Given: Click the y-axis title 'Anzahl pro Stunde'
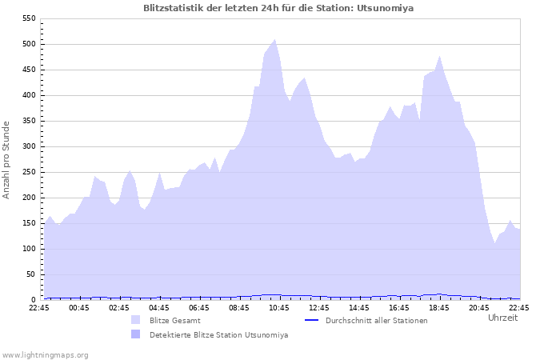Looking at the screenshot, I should pyautogui.click(x=6, y=160).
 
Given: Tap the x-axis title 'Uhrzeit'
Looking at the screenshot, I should pyautogui.click(x=502, y=318).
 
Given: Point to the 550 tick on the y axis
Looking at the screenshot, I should pyautogui.click(x=28, y=18).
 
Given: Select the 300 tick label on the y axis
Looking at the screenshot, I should pyautogui.click(x=28, y=146).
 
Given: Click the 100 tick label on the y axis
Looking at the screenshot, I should pyautogui.click(x=28, y=249).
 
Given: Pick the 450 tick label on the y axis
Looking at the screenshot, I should pyautogui.click(x=28, y=70).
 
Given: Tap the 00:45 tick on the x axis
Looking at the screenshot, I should pyautogui.click(x=79, y=307).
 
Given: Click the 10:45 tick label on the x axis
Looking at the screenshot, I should pyautogui.click(x=279, y=307).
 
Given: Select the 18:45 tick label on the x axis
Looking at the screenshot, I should pyautogui.click(x=439, y=307).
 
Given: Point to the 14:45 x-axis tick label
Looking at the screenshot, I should pyautogui.click(x=359, y=307).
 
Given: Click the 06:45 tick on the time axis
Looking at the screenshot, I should pyautogui.click(x=199, y=307).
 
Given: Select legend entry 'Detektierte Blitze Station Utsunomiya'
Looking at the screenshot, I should pyautogui.click(x=218, y=334).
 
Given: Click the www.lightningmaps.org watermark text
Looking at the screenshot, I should pyautogui.click(x=45, y=354).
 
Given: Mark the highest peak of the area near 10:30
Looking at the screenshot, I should pyautogui.click(x=274, y=39).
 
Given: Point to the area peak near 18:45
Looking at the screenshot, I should pyautogui.click(x=440, y=56).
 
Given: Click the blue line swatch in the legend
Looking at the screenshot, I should pyautogui.click(x=312, y=320).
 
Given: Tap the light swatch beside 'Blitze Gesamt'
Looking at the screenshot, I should pyautogui.click(x=135, y=320).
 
